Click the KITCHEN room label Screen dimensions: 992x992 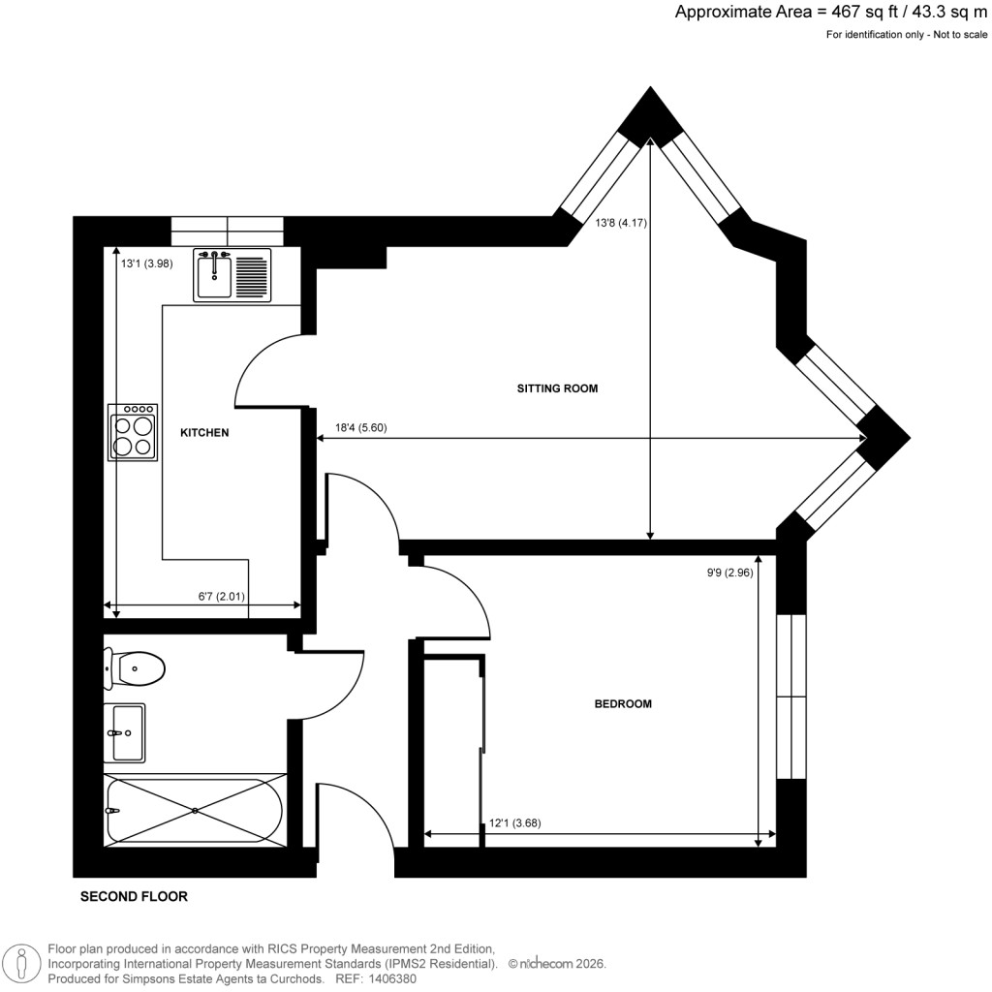pos(204,433)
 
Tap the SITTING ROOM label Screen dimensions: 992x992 pos(557,388)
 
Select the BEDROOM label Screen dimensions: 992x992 pos(623,704)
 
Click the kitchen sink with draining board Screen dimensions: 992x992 pos(232,275)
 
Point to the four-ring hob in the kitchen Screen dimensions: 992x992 pos(133,432)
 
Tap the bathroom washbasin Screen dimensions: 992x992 pos(125,732)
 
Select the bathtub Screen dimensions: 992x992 pos(195,810)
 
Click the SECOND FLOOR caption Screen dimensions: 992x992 pos(134,897)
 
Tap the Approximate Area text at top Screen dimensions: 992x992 pos(831,13)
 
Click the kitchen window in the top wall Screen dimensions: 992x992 pos(227,232)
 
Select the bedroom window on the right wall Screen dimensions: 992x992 pos(791,696)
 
